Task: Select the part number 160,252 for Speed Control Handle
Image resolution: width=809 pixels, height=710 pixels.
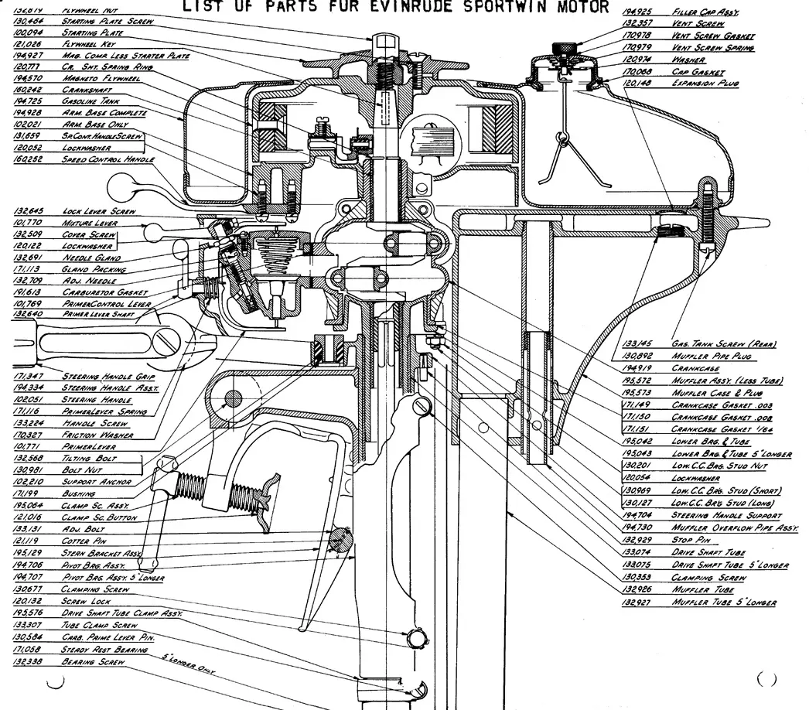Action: (x=29, y=159)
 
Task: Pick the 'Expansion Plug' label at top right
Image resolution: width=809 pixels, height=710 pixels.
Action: (x=705, y=83)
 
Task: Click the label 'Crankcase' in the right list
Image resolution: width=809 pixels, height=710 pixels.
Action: (x=695, y=368)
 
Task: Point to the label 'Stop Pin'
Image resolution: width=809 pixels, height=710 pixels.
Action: (x=691, y=539)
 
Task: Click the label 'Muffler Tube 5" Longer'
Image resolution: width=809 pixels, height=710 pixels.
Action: (x=723, y=602)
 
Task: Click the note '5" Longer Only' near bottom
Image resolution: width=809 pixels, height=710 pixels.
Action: (x=187, y=662)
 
